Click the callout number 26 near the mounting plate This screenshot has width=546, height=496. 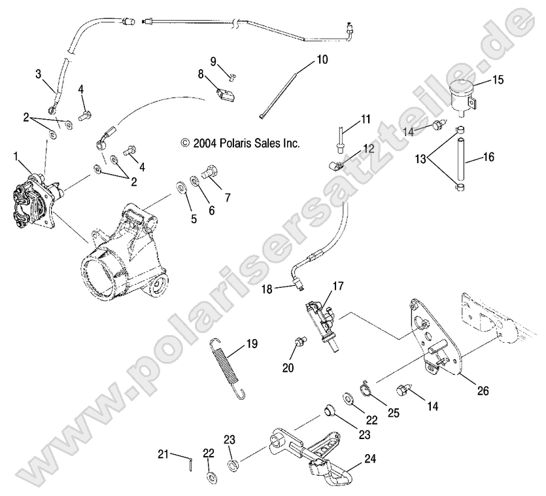(483, 392)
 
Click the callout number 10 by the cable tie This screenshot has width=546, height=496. (322, 59)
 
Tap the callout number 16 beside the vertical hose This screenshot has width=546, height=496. (488, 157)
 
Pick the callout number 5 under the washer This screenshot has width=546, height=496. (194, 219)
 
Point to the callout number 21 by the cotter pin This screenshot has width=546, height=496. (163, 453)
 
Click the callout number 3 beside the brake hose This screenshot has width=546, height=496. (38, 74)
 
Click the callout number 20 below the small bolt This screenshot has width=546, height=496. (288, 368)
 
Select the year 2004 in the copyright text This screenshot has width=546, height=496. (204, 143)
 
